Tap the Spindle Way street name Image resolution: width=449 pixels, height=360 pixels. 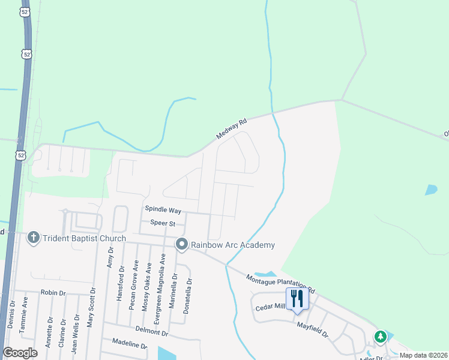163,209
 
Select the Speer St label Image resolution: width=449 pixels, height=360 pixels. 162,223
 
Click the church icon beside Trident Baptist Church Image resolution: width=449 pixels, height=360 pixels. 34,238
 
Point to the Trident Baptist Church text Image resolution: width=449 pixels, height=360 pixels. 85,238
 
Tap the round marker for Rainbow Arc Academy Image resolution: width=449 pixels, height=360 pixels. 182,245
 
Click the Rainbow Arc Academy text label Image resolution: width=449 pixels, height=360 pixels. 233,245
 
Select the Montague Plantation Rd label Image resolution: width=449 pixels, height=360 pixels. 280,284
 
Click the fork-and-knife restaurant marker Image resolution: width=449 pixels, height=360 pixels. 298,298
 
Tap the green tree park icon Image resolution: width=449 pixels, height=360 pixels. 380,337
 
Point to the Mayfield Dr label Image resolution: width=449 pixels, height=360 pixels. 313,329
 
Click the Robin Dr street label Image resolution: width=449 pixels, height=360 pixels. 52,292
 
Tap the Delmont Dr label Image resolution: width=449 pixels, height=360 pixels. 151,331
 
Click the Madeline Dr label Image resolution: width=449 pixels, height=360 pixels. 130,344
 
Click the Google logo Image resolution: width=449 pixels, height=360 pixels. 20,353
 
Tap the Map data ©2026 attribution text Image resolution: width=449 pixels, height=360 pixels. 423,355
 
